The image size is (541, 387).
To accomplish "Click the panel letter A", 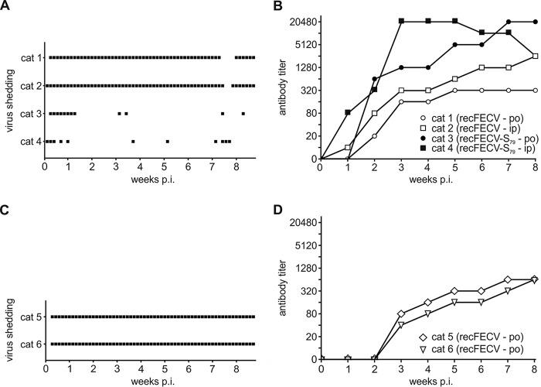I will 5,7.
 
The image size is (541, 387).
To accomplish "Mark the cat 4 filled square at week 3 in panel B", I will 402,22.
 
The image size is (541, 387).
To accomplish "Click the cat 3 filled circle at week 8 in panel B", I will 536,22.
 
